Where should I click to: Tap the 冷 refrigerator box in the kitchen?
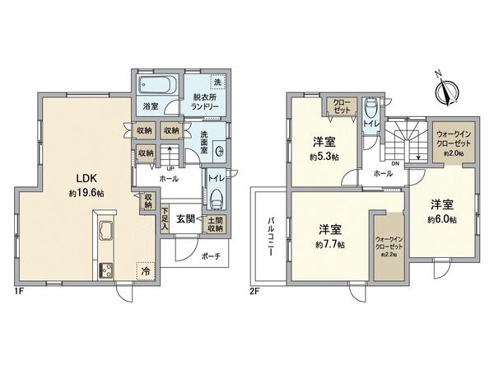click(146, 270)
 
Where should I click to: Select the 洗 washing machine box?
click(217, 82)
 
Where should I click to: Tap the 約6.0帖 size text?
click(441, 223)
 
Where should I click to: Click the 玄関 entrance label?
click(184, 219)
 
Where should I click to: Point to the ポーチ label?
click(210, 256)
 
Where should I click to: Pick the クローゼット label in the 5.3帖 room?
click(341, 107)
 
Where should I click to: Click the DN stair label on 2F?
click(394, 163)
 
